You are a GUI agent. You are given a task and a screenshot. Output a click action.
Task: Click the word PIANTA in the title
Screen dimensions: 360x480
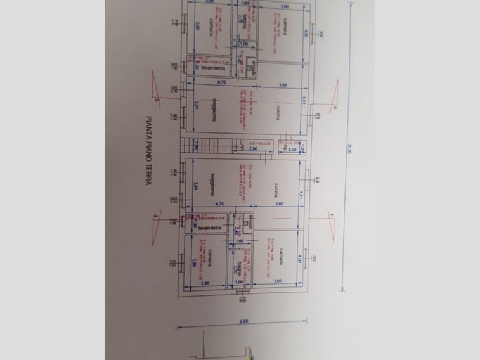pyautogui.click(x=146, y=124)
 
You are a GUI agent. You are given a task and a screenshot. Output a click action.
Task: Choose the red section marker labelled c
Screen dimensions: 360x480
pyautogui.click(x=330, y=217)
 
